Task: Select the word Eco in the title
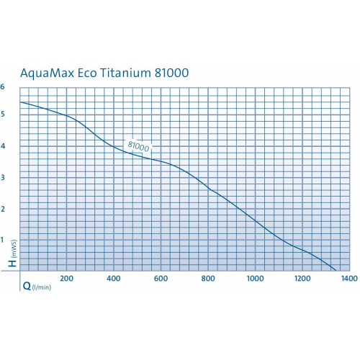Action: (96, 73)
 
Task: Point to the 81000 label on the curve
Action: (140, 145)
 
